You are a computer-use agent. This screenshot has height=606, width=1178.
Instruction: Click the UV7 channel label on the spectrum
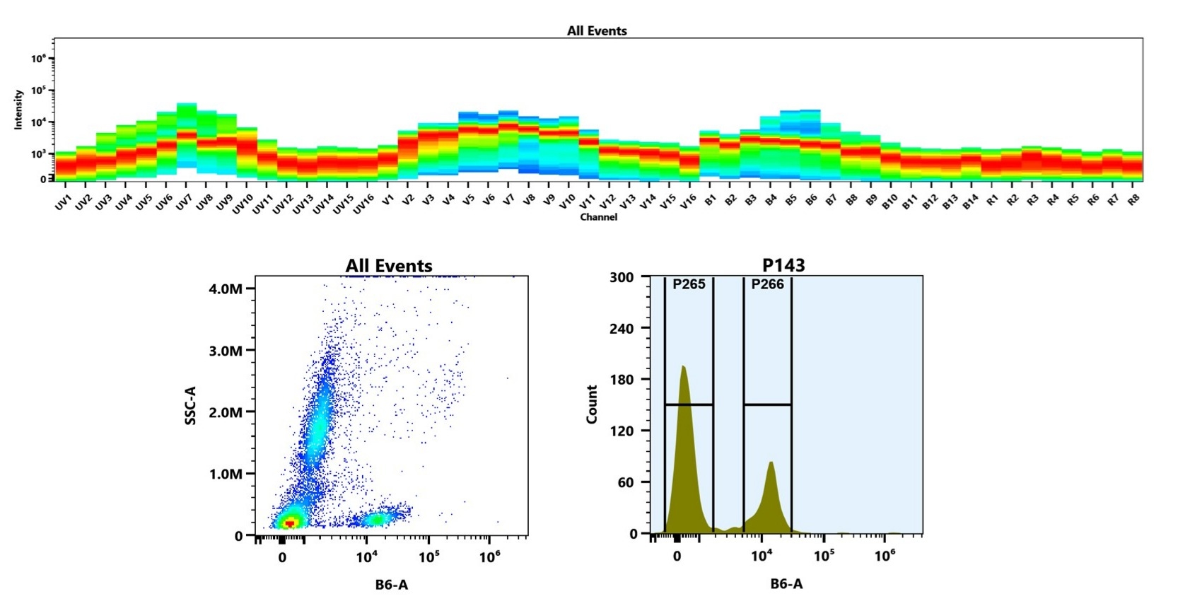tap(183, 203)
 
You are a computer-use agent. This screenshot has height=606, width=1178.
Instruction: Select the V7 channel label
tap(508, 201)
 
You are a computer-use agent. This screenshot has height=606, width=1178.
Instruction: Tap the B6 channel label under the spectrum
tap(810, 200)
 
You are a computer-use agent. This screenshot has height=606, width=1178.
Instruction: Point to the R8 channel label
tap(1133, 200)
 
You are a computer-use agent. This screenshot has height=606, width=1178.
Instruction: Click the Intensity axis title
tap(18, 109)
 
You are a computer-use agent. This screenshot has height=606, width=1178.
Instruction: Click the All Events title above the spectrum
tap(597, 31)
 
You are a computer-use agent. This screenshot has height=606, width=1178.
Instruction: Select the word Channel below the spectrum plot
tap(598, 217)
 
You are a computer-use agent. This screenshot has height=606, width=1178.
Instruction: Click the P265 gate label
tap(689, 284)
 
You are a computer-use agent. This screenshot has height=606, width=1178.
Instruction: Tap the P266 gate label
tap(767, 284)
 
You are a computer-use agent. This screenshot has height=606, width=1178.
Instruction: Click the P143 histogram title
tap(783, 265)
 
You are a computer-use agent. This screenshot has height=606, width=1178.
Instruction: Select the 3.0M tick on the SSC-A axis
tap(226, 351)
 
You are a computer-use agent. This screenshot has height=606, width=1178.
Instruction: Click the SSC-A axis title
tap(190, 405)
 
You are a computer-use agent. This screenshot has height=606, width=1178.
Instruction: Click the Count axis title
tap(593, 404)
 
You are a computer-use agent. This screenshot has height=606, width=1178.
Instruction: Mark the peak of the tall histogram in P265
tap(683, 368)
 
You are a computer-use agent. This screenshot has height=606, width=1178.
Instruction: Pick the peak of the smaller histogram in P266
tap(771, 463)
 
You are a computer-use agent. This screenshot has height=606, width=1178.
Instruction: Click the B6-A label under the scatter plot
tap(391, 584)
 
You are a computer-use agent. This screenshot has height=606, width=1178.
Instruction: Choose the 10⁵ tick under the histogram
tap(823, 556)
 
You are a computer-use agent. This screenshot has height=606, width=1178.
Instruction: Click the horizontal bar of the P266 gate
tap(767, 404)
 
